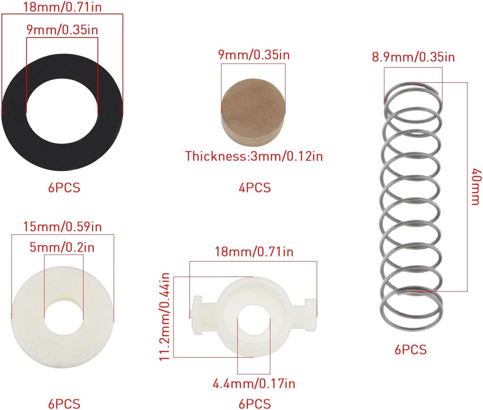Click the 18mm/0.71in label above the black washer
pos(62,7)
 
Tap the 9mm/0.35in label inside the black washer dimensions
pos(62,30)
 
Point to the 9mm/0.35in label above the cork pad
pos(254,55)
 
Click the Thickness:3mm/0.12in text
pos(254,156)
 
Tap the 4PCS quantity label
pos(255,188)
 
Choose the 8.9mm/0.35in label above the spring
pos(413,57)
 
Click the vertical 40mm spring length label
pos(476,186)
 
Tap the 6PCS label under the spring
pos(411,349)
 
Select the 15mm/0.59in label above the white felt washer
pos(62,226)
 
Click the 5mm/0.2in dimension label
pos(62,248)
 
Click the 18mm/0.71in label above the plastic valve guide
pos(254,252)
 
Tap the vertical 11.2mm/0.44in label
pos(166,317)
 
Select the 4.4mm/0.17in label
pos(254,384)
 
